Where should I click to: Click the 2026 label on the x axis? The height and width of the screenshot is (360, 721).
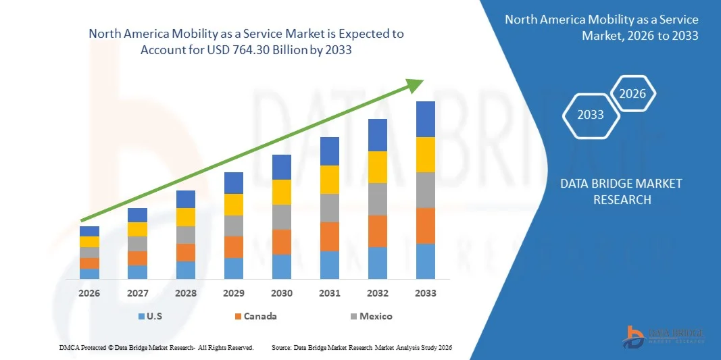click(x=89, y=293)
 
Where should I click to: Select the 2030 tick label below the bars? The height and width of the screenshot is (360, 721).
click(x=282, y=293)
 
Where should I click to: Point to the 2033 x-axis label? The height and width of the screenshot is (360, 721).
click(x=426, y=293)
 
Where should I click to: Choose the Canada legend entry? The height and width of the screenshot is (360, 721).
click(x=255, y=316)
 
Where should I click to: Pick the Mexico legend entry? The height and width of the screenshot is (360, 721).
click(x=370, y=316)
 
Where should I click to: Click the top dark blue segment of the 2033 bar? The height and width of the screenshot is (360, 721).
click(x=426, y=119)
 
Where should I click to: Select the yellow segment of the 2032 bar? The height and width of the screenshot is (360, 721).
click(x=378, y=167)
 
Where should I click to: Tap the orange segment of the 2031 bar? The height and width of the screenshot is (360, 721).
click(x=330, y=236)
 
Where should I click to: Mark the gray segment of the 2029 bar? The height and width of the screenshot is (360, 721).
click(x=234, y=226)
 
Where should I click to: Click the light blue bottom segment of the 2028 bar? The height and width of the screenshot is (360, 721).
click(x=186, y=270)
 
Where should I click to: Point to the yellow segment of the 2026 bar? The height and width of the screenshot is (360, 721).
click(x=89, y=242)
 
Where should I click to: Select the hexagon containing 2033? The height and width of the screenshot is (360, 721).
click(x=591, y=115)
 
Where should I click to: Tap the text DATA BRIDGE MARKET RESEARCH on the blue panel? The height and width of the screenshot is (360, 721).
click(x=622, y=191)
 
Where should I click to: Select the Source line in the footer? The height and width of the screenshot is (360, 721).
click(x=361, y=347)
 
